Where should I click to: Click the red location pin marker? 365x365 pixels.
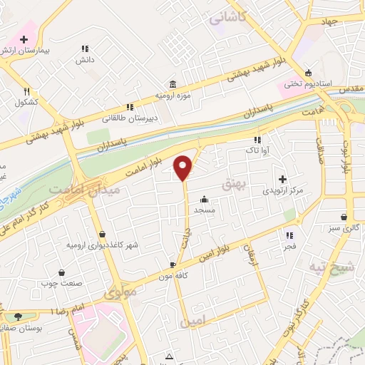tap(184, 167)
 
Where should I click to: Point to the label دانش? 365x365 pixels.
tap(86, 61)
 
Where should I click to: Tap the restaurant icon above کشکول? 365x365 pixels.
tap(26, 91)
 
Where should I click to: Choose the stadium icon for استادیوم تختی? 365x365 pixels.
tap(307, 72)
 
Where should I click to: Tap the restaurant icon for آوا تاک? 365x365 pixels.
tap(257, 140)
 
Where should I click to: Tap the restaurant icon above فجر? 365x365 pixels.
tap(289, 235)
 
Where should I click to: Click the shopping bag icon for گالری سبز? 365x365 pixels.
tap(344, 217)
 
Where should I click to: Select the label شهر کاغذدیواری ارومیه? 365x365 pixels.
tap(102, 245)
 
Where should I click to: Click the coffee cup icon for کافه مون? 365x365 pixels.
tap(173, 264)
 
